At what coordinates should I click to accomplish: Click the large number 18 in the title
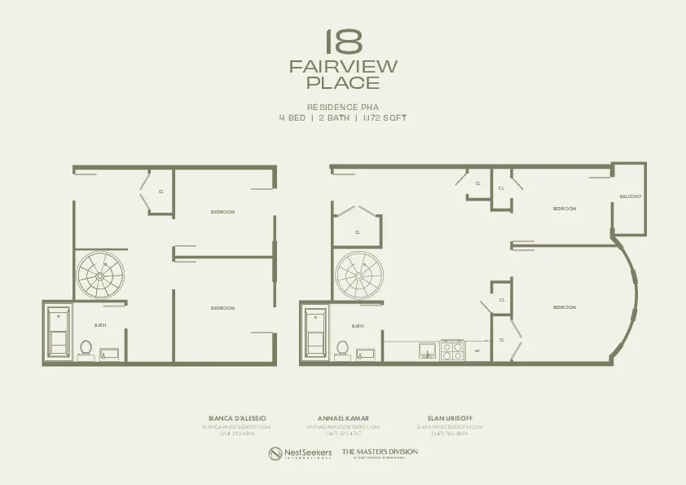coord(343,42)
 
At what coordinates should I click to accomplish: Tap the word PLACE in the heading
coord(343,83)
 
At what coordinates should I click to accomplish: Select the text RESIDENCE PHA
coord(343,107)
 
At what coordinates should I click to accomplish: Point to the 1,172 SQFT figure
coord(385,117)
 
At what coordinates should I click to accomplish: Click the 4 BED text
coord(292,117)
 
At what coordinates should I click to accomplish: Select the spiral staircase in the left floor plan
coord(101,275)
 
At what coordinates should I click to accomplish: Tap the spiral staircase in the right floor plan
coord(359,275)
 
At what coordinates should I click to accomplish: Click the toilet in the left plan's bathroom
coord(85,350)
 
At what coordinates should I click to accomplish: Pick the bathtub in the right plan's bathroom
coord(315,332)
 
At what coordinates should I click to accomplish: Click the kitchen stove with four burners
coord(452,351)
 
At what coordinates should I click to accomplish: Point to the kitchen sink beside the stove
coord(427,351)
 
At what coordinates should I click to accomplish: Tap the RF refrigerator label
coord(477,351)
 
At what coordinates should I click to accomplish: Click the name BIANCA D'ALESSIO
coord(237,418)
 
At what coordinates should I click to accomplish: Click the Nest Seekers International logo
coord(301,452)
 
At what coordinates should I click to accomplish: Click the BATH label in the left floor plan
coord(100,325)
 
